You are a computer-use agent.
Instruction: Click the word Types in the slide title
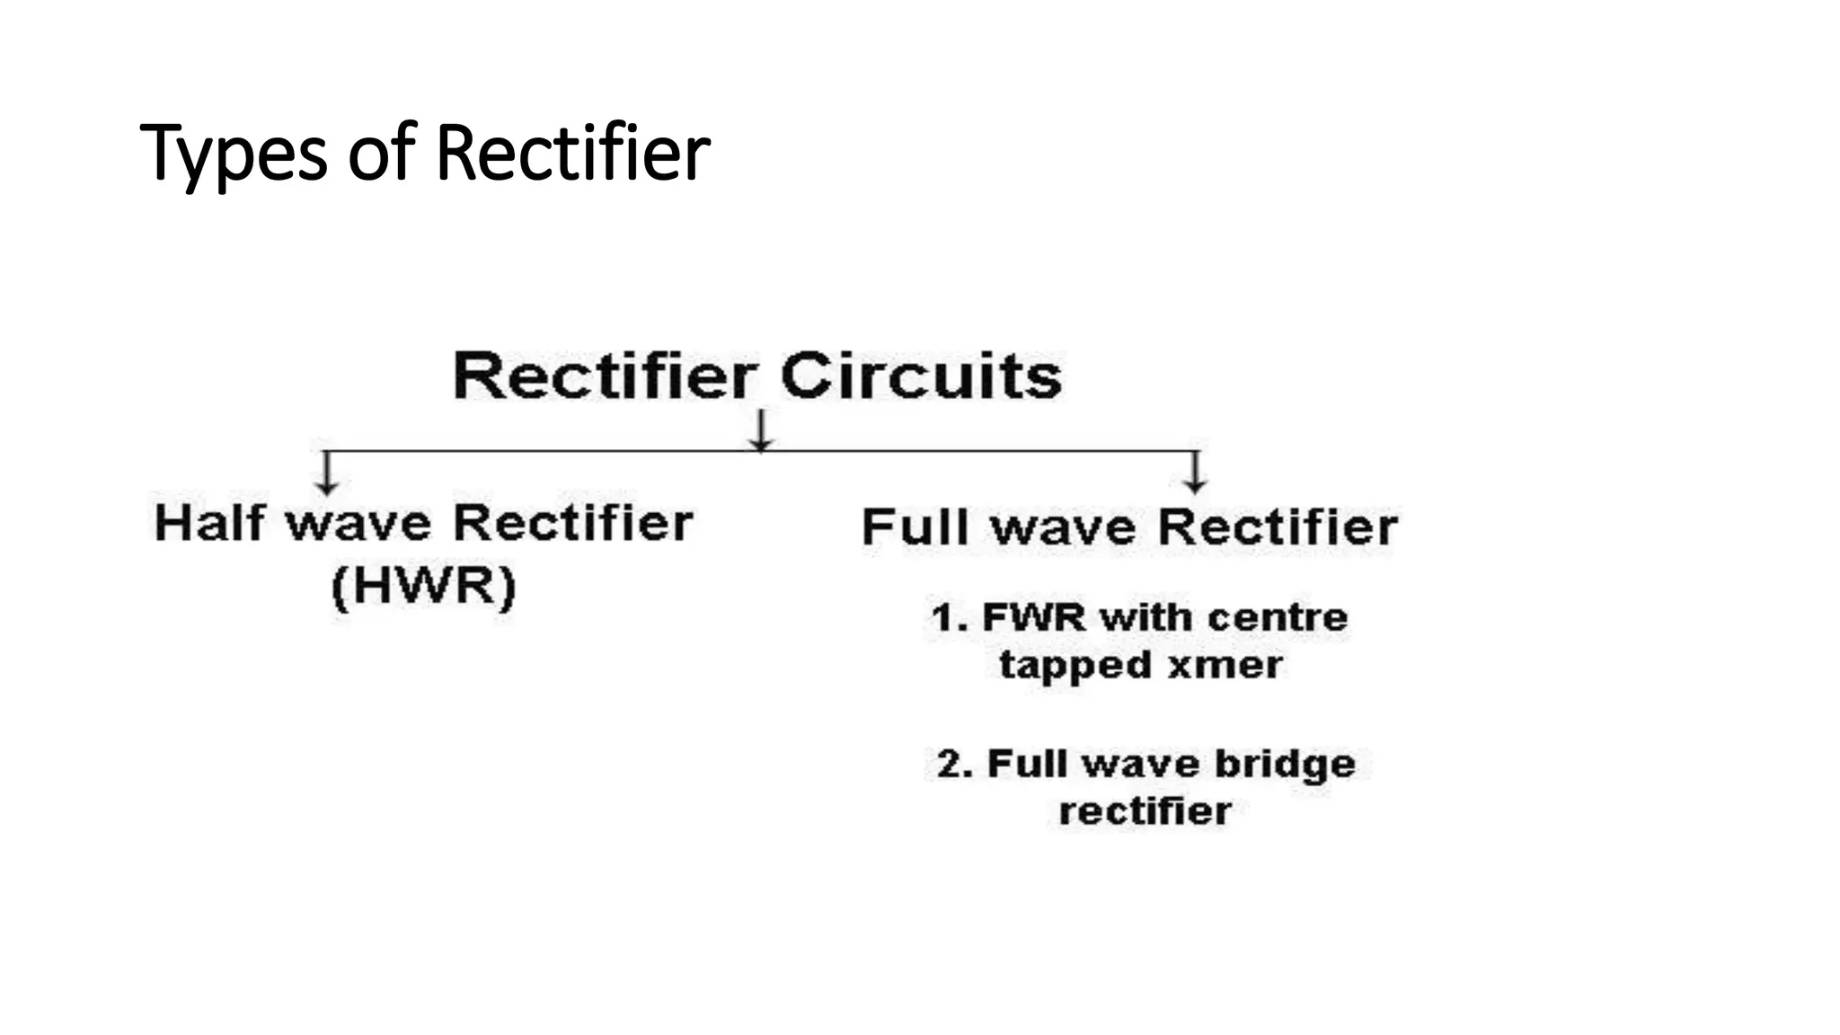coord(234,155)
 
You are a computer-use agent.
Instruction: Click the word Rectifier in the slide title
coord(572,153)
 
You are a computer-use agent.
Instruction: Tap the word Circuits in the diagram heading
coord(921,376)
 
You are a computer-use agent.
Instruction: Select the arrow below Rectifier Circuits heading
coord(761,430)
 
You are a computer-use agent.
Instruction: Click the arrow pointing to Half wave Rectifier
coord(327,473)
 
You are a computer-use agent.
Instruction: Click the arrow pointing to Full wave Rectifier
coord(1194,473)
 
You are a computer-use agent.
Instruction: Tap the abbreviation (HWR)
coord(424,587)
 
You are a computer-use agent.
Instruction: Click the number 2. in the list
coord(954,765)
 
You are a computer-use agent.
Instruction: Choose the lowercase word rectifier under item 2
coord(1145,811)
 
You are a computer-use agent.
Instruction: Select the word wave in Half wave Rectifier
coord(358,523)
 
